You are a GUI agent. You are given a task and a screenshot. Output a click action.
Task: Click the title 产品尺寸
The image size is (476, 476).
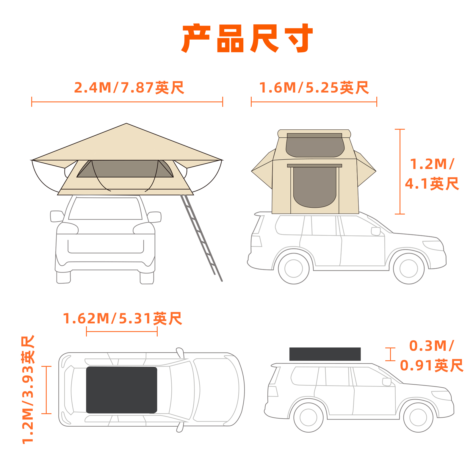click(247, 38)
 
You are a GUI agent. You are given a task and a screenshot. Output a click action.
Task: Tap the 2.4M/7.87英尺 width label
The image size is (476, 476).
click(129, 87)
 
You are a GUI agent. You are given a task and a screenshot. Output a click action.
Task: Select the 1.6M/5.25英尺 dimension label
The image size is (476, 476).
click(314, 87)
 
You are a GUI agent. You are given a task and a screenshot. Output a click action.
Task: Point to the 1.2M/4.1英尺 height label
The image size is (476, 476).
click(432, 174)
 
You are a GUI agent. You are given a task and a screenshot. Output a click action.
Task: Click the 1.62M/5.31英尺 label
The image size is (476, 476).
click(122, 318)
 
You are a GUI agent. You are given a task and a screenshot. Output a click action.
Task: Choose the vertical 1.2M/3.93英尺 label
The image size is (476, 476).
click(28, 389)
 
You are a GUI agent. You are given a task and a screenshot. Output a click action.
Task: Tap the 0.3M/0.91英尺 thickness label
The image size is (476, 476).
click(432, 356)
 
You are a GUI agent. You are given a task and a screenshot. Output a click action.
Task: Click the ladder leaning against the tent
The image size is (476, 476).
click(201, 238)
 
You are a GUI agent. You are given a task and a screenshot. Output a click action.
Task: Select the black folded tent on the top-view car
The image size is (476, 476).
click(122, 390)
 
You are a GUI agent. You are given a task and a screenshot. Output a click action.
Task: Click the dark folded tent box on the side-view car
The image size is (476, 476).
click(325, 354)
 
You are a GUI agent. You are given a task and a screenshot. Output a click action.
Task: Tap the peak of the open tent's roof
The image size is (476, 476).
click(126, 123)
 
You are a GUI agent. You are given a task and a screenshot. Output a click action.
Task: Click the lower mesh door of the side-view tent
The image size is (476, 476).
click(315, 187)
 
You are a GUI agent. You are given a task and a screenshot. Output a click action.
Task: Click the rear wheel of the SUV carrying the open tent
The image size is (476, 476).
click(294, 268)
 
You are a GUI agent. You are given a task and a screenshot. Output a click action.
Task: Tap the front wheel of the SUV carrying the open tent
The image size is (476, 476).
click(409, 268)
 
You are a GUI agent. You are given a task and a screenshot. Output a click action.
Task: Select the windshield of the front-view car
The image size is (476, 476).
click(105, 209)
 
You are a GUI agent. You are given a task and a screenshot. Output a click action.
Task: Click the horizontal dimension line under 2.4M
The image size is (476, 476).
click(127, 102)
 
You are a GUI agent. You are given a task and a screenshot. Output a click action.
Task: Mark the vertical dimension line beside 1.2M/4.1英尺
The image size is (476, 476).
click(400, 172)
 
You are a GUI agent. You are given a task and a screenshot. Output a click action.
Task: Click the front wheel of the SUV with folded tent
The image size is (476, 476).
click(418, 417)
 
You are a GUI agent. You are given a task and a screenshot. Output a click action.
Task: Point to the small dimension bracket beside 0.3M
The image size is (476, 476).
click(390, 354)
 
